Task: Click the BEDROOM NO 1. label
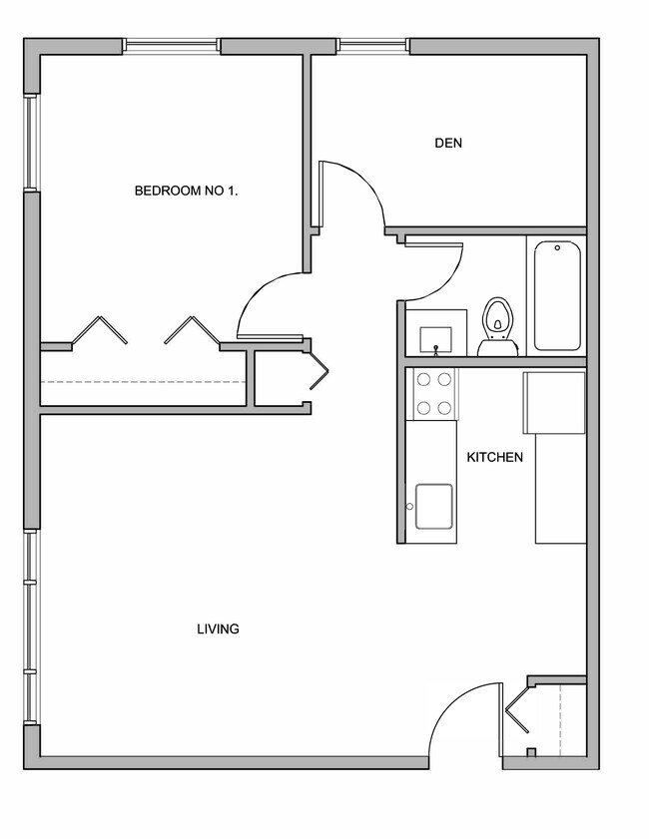pyautogui.click(x=186, y=191)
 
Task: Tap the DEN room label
pyautogui.click(x=448, y=143)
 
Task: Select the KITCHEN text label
pyautogui.click(x=494, y=458)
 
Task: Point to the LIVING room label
pyautogui.click(x=218, y=629)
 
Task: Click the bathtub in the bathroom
pyautogui.click(x=557, y=295)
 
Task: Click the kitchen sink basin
pyautogui.click(x=435, y=505)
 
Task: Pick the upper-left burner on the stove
pyautogui.click(x=423, y=379)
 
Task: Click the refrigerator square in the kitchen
pyautogui.click(x=555, y=403)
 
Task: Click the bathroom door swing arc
pyautogui.click(x=437, y=272)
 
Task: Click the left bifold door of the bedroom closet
pyautogui.click(x=100, y=330)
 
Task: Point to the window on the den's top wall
pyautogui.click(x=373, y=46)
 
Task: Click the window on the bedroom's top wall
pyautogui.click(x=172, y=46)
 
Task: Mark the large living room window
pyautogui.click(x=31, y=629)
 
